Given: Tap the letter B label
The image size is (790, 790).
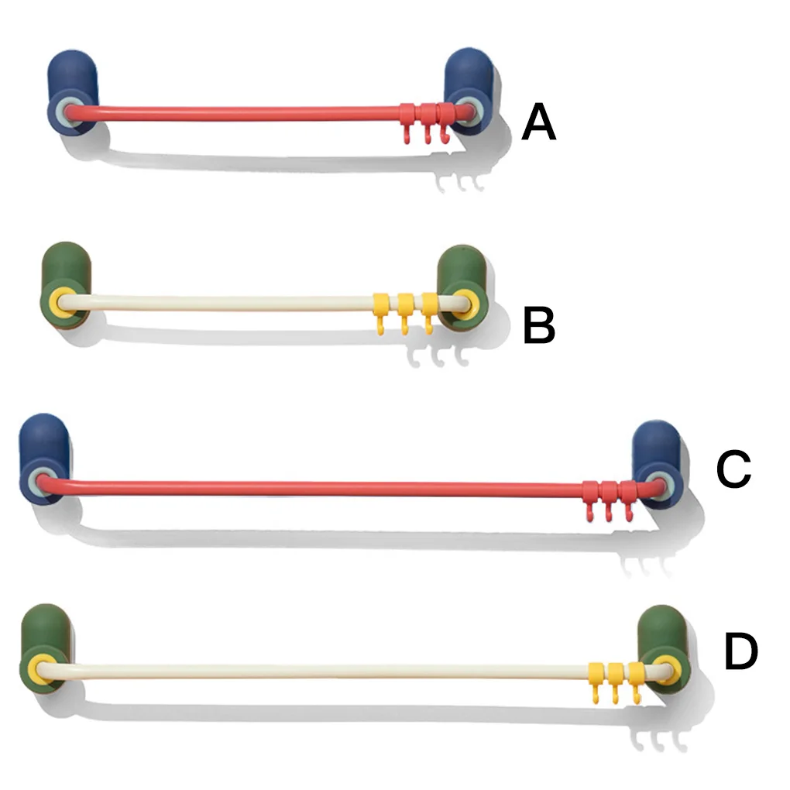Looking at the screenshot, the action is click(x=539, y=326).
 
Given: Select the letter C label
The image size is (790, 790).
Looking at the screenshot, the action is click(x=733, y=469).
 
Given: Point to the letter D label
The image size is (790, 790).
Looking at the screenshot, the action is click(x=740, y=652).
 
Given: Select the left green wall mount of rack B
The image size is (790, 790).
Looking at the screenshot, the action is click(x=65, y=287).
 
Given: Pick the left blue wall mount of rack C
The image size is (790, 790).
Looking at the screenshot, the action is click(x=45, y=459).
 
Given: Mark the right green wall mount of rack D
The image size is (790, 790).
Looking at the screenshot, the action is click(x=663, y=649).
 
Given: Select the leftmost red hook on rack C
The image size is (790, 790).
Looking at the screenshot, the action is click(x=590, y=500).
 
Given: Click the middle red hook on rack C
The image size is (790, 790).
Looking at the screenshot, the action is click(x=608, y=500).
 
